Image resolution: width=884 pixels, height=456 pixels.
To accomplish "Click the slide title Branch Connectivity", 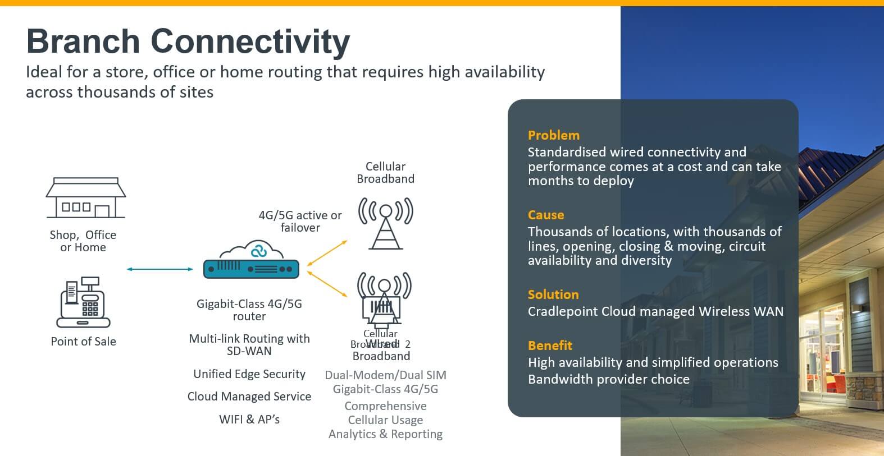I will [188, 42].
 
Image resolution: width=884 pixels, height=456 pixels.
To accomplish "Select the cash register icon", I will [83, 303].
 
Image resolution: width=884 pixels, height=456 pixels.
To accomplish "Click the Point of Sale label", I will [83, 342].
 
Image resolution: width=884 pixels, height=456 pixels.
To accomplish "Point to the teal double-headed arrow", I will [160, 269].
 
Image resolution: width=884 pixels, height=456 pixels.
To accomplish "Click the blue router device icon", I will [250, 269].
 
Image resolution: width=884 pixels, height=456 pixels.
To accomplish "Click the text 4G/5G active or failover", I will [300, 222].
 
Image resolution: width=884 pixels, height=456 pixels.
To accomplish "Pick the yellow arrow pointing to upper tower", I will [327, 253].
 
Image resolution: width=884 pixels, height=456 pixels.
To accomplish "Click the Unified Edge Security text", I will [249, 374].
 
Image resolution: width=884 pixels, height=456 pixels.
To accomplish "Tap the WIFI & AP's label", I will [249, 420].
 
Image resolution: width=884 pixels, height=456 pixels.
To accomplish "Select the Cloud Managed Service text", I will [249, 397].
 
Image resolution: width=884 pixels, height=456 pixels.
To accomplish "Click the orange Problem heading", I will [553, 135].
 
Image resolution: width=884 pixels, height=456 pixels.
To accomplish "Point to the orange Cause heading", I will [545, 215].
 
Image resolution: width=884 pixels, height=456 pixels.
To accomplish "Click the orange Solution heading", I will [553, 294].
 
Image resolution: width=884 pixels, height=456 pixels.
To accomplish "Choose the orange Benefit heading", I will [549, 346].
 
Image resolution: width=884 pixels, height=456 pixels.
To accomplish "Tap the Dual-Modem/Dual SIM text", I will [385, 375].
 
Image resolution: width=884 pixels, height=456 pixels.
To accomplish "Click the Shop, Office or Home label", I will [83, 241].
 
